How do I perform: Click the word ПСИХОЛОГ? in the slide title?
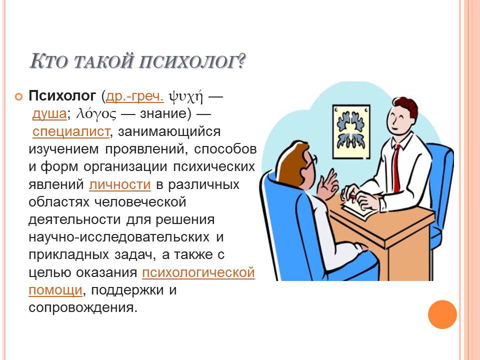(192, 61)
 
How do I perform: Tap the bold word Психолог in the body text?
(62, 96)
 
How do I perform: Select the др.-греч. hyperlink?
(134, 96)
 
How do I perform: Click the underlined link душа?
(49, 114)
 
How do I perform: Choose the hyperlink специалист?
(71, 131)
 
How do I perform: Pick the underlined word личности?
(120, 185)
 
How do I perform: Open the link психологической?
(198, 272)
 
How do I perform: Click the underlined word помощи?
(55, 290)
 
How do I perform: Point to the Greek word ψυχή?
(186, 96)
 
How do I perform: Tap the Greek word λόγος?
(96, 114)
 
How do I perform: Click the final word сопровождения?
(82, 307)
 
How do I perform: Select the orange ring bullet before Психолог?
(18, 97)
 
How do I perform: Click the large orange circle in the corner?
(442, 314)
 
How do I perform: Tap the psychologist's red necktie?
(396, 167)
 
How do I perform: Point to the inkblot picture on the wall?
(351, 132)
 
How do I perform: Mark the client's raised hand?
(327, 184)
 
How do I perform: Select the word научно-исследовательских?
(119, 237)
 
